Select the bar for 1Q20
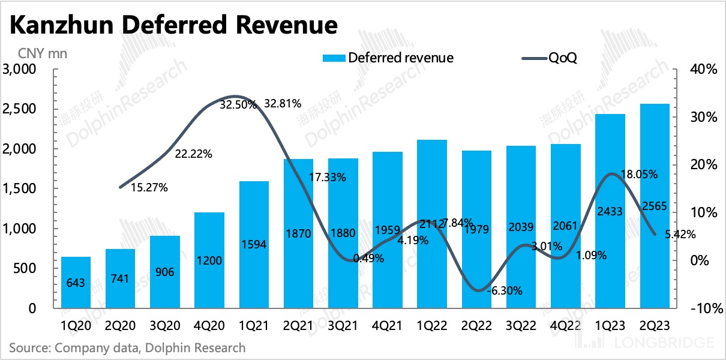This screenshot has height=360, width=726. [x=76, y=282]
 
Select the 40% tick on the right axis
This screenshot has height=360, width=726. [x=703, y=70]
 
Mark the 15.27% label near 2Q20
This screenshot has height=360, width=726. [x=149, y=187]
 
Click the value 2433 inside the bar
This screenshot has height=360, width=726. [x=610, y=210]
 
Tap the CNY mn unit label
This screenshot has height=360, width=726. [x=38, y=53]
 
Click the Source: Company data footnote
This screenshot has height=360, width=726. [x=127, y=347]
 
